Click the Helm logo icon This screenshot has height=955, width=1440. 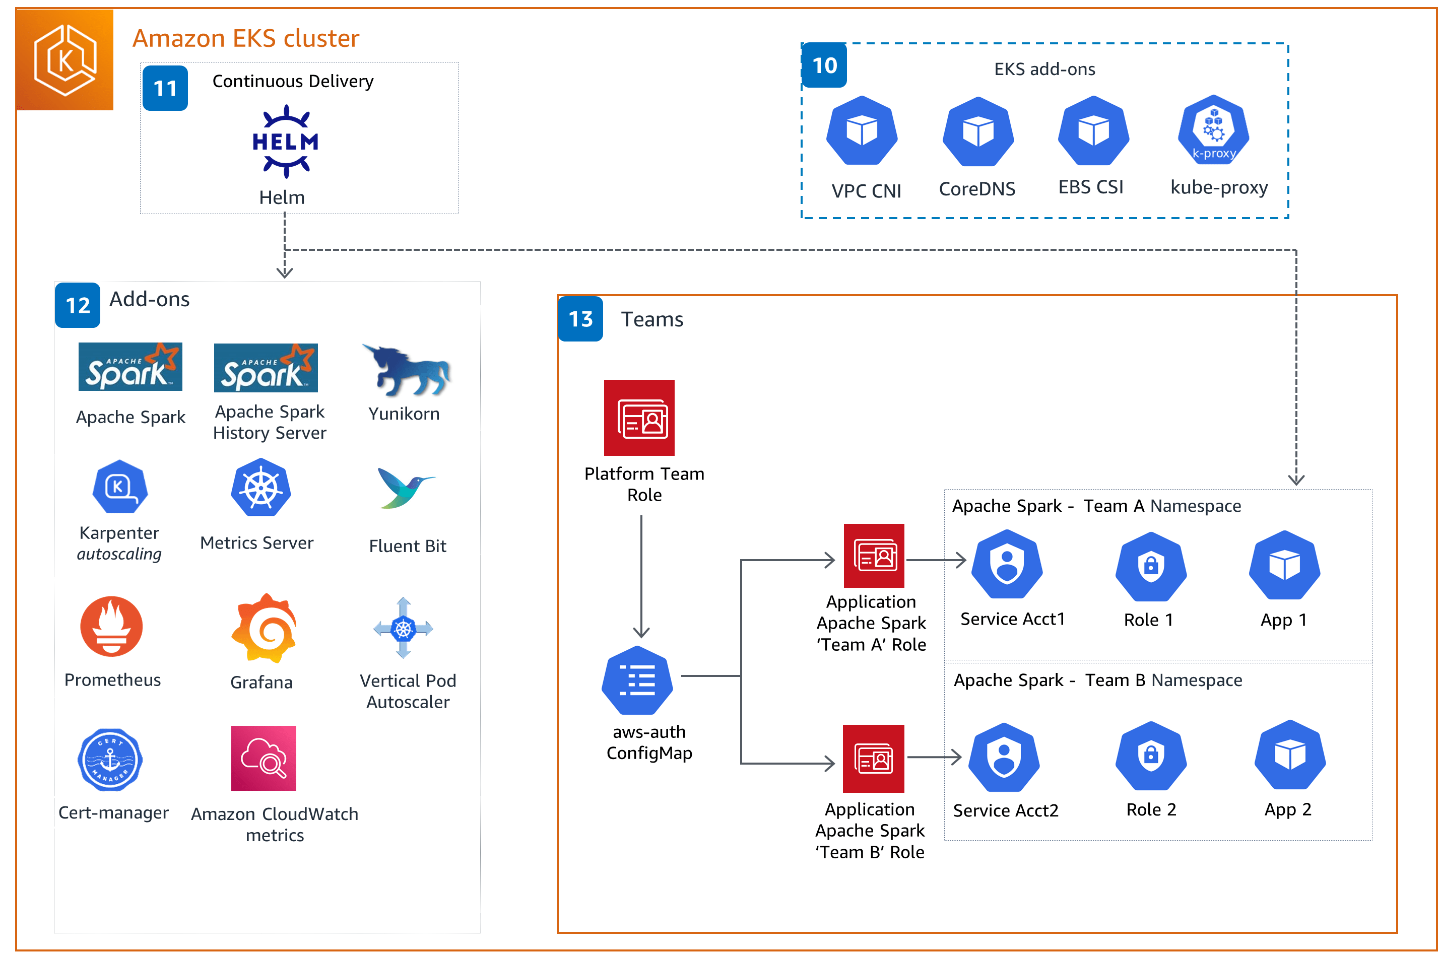point(285,142)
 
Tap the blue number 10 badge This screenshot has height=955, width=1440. point(824,65)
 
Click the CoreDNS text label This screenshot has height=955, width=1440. point(976,189)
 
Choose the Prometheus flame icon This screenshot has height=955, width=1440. point(111,626)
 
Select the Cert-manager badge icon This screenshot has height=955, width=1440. point(110,760)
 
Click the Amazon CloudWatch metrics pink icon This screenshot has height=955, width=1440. point(263,758)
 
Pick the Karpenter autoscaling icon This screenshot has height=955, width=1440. point(119,487)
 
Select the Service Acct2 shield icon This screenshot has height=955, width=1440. point(1003,757)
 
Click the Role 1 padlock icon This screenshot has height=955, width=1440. point(1150,566)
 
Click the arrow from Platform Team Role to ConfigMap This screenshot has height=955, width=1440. point(641,576)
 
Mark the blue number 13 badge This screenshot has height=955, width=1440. point(580,318)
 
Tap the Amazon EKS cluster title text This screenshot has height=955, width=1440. point(245,38)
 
